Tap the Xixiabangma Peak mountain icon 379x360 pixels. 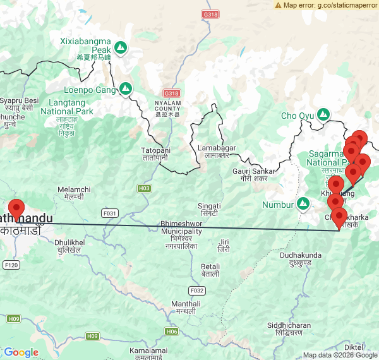[x=120, y=47]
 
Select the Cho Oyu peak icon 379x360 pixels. [x=323, y=114]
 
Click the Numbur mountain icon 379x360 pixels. [x=303, y=203]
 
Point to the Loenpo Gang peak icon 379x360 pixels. [x=126, y=88]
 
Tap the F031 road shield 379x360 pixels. [x=111, y=213]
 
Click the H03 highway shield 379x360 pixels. [x=144, y=188]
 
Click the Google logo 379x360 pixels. [x=21, y=352]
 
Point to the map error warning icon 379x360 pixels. [x=279, y=5]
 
